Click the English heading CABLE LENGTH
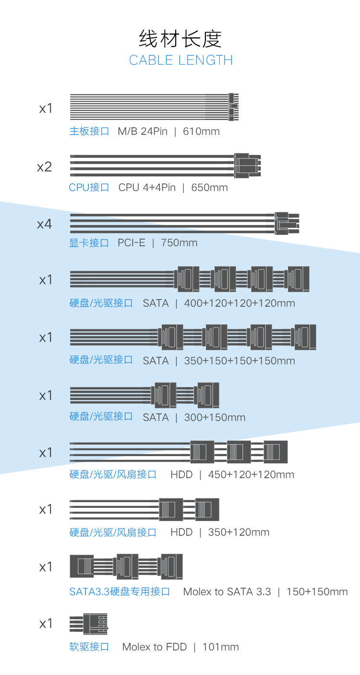click(181, 60)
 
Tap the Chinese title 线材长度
click(180, 39)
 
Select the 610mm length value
click(201, 131)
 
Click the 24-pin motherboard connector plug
click(233, 107)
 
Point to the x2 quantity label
click(45, 167)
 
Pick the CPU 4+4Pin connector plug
click(247, 165)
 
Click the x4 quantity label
click(45, 224)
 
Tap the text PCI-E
click(131, 243)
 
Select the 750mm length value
click(179, 243)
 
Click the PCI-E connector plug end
click(287, 223)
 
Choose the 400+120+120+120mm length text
click(240, 303)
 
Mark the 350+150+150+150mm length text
click(240, 361)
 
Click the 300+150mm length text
click(215, 418)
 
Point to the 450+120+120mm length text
click(251, 475)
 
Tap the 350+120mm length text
click(239, 532)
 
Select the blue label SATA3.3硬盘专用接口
click(120, 591)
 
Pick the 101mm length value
click(220, 647)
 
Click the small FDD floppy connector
click(95, 624)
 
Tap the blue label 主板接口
click(89, 131)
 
